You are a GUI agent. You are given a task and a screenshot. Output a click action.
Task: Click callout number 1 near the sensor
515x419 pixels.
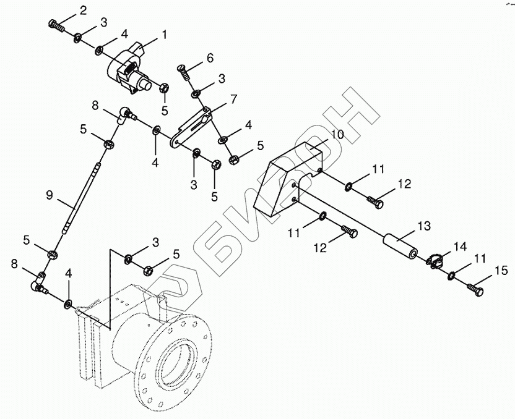click(164, 35)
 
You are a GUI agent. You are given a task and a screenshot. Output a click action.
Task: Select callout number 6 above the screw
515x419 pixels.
click(210, 58)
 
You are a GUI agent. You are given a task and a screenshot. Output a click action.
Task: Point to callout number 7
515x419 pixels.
click(233, 99)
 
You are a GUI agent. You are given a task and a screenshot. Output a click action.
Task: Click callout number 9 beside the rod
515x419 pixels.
click(50, 194)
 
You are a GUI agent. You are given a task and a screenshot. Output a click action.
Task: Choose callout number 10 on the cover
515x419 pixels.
click(337, 134)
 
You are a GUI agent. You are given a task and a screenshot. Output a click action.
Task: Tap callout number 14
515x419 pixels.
click(459, 247)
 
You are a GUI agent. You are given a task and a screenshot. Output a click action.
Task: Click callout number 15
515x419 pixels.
click(501, 269)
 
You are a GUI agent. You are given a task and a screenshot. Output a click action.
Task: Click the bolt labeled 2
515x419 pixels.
click(56, 25)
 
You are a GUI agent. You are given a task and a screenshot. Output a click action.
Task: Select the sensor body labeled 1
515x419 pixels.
click(130, 69)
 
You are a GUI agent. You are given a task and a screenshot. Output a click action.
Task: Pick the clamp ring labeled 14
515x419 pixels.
click(435, 261)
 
